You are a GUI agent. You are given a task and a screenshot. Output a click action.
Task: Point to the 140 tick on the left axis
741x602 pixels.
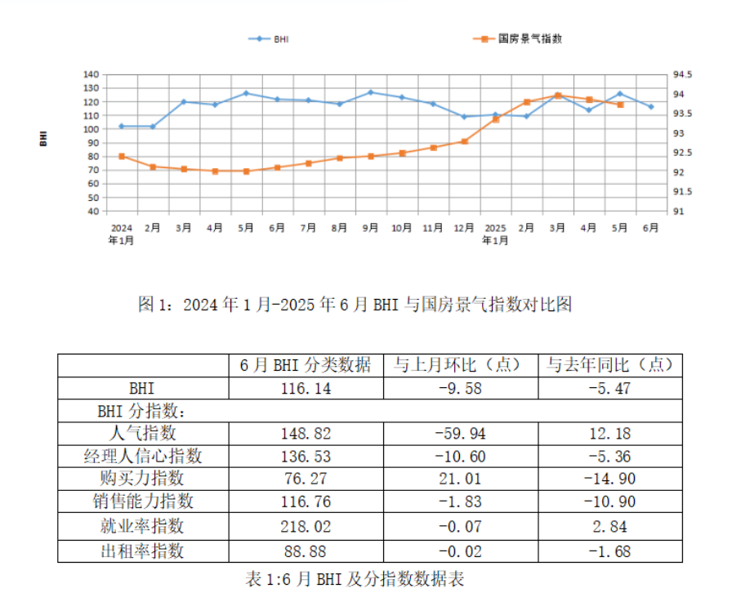click(x=91, y=75)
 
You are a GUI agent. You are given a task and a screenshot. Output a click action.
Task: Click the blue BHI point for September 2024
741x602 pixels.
click(x=371, y=92)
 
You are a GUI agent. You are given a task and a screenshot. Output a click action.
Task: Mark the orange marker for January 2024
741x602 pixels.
click(x=122, y=156)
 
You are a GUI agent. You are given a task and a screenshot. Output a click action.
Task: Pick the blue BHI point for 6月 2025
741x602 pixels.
click(x=651, y=106)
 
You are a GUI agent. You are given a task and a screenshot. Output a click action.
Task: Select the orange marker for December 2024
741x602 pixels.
click(x=464, y=141)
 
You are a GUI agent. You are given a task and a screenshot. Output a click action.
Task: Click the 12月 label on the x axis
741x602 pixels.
click(x=464, y=229)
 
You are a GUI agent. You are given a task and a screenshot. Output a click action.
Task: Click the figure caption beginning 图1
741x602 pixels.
click(x=355, y=305)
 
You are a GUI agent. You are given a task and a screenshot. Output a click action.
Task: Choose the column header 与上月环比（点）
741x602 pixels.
click(x=461, y=364)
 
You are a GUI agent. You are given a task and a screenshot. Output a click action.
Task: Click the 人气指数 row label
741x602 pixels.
click(x=142, y=433)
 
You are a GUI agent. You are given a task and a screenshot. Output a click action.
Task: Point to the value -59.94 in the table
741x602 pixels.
click(x=461, y=433)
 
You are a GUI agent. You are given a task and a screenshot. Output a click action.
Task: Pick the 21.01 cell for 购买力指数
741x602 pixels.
click(x=461, y=479)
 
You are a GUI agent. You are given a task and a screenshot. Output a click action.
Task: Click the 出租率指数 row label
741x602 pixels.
click(x=142, y=551)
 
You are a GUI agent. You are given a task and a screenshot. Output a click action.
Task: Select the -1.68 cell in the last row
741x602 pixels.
click(x=609, y=551)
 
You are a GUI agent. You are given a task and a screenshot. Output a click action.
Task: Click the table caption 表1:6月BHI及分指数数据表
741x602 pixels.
click(x=355, y=579)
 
